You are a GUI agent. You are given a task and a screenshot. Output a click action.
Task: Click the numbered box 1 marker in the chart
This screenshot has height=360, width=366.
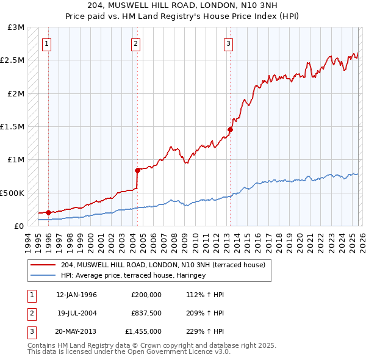(48, 43)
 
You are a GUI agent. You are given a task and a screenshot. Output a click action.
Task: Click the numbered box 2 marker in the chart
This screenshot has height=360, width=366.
(135, 43)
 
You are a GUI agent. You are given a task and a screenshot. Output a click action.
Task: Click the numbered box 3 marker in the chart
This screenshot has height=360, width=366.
(228, 43)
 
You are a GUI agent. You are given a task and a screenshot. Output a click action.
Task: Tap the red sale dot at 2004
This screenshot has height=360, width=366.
(137, 170)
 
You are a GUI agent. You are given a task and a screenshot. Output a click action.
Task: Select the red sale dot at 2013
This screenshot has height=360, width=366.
(230, 129)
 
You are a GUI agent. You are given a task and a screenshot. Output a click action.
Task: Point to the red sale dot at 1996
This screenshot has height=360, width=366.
(48, 212)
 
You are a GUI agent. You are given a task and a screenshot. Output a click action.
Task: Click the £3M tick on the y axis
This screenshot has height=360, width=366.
(16, 27)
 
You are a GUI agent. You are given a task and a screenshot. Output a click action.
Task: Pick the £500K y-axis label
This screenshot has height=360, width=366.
(13, 193)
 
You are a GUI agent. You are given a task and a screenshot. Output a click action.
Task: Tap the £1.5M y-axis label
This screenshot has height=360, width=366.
(14, 127)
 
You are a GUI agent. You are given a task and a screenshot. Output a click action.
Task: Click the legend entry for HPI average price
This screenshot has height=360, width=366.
(133, 276)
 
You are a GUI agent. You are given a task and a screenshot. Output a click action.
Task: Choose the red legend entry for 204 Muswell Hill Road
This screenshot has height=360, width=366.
(162, 265)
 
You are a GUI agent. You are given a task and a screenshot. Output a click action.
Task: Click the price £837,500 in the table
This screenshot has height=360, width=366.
(146, 312)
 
